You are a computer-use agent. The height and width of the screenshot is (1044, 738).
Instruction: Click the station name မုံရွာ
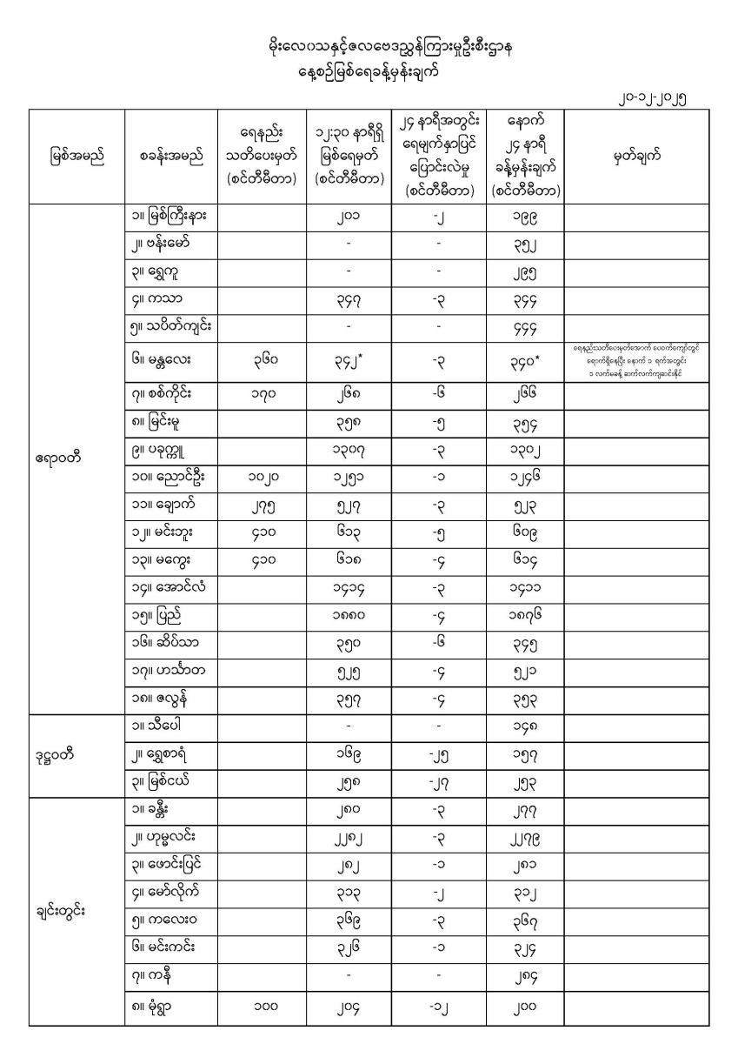tap(156, 1007)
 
